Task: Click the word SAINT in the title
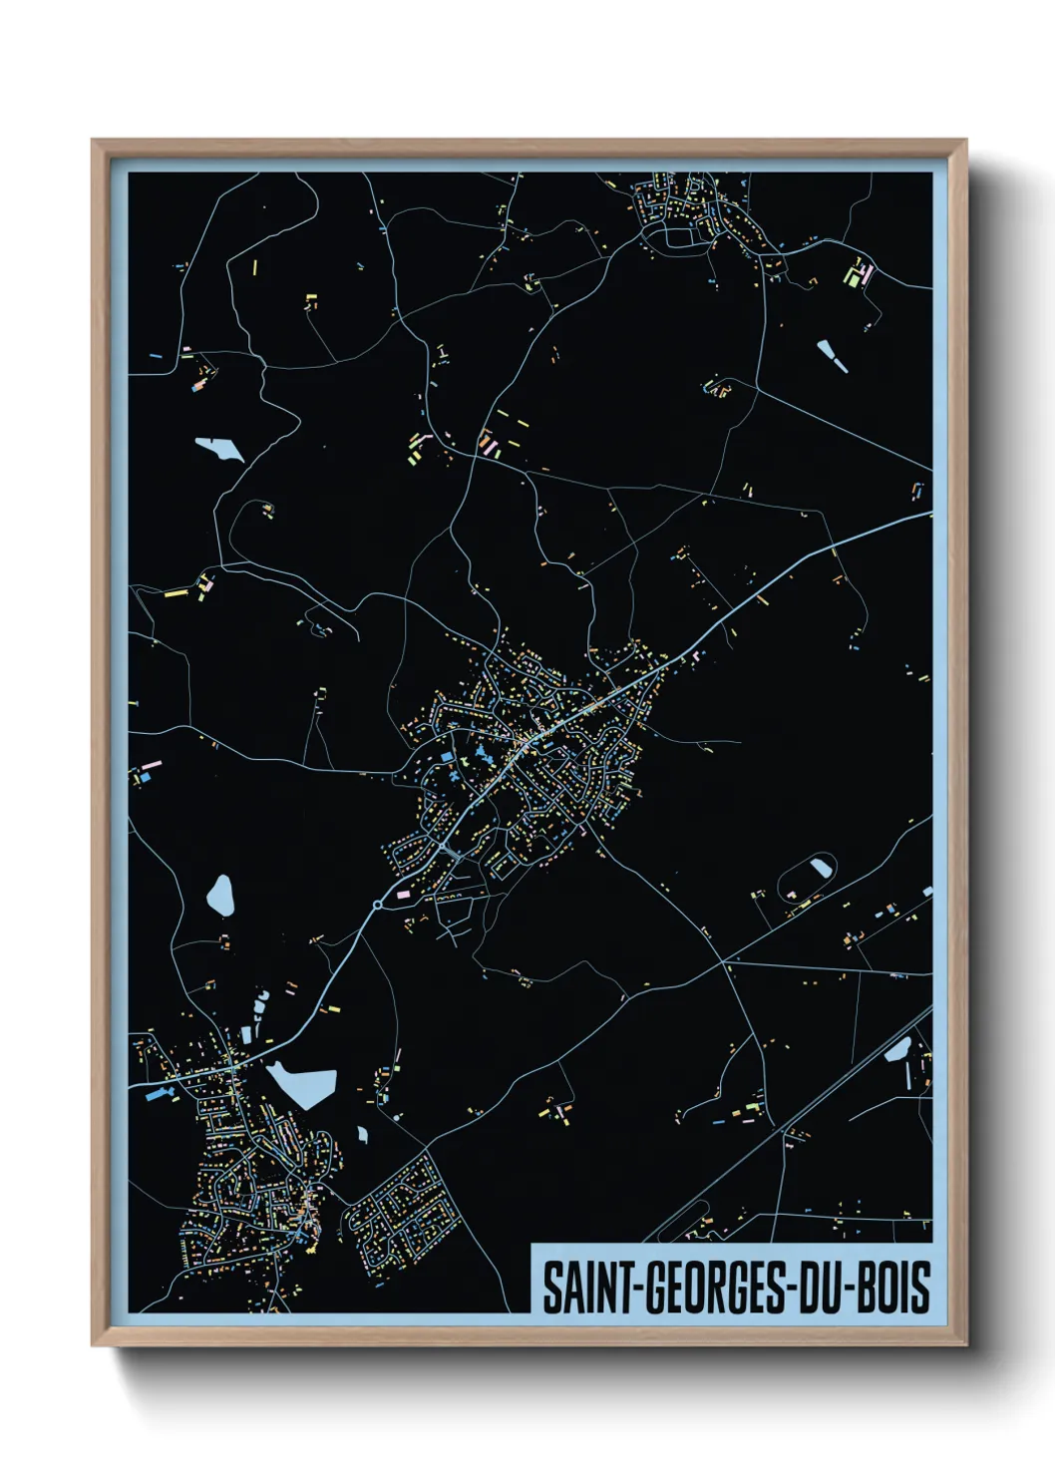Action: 575,1287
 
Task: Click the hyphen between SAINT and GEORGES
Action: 621,1289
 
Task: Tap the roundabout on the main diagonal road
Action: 377,905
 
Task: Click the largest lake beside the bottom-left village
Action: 303,1084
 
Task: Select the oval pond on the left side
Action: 220,895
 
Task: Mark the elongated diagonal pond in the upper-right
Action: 833,356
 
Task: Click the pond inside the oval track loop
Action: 822,867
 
